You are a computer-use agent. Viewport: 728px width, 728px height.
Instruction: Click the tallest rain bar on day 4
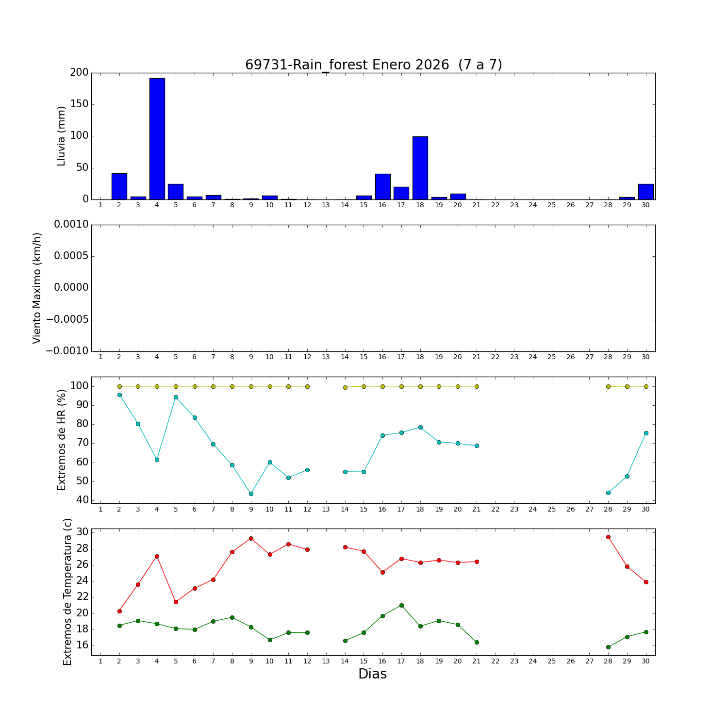point(157,139)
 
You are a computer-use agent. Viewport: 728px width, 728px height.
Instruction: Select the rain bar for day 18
point(420,168)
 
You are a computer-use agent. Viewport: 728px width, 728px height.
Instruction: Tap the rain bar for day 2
point(119,186)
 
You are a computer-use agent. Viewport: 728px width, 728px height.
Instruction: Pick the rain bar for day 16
point(382,186)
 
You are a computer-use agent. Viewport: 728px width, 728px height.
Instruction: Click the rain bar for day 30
point(645,192)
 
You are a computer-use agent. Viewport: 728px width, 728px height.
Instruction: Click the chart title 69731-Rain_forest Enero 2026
point(373,65)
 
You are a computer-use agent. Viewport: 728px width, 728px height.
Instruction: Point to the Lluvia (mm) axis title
point(61,136)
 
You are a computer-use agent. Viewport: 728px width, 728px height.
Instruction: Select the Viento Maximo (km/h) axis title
point(37,288)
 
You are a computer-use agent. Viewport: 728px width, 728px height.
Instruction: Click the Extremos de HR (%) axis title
point(62,440)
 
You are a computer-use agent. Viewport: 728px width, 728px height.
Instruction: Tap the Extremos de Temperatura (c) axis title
point(67,592)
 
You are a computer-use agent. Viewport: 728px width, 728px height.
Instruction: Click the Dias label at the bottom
point(372,674)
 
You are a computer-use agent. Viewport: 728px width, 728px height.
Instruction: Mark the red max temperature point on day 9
point(251,538)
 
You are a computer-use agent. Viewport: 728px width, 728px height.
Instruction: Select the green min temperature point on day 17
point(401,605)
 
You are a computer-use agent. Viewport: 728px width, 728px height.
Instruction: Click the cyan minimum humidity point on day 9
point(251,494)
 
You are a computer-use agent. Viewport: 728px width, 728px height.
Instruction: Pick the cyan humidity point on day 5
point(176,397)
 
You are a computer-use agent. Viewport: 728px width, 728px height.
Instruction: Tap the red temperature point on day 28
point(608,537)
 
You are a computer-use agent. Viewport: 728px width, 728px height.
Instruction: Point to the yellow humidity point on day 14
point(345,387)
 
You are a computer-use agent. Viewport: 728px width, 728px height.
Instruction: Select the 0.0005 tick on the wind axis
point(71,256)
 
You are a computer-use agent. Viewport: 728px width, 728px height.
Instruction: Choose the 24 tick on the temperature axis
point(83,581)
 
